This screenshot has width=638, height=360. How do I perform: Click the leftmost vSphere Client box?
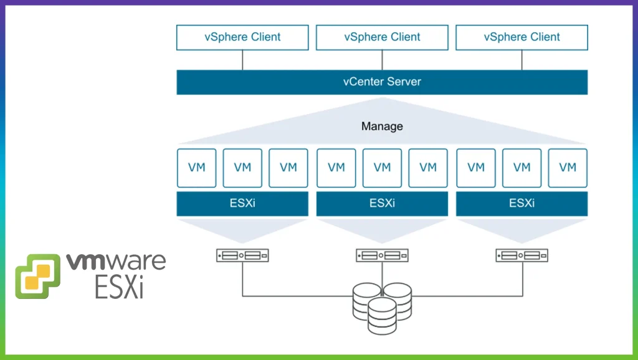[242, 37]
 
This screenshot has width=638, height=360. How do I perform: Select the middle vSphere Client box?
[382, 37]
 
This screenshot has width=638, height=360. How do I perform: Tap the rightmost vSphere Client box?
[521, 37]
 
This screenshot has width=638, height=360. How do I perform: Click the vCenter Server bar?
[382, 82]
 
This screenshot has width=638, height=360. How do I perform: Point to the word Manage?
[382, 126]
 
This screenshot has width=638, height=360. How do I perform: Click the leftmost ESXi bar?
[242, 204]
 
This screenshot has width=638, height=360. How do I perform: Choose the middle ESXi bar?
[382, 204]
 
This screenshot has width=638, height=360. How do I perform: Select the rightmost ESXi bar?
[521, 204]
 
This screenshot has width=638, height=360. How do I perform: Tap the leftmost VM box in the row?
[196, 168]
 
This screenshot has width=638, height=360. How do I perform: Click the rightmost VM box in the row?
[568, 168]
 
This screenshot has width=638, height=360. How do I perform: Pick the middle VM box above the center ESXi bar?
[382, 168]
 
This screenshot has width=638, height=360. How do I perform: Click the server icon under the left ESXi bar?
[242, 255]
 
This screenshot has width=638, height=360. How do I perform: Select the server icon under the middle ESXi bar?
[382, 255]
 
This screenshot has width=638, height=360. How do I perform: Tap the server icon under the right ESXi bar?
[521, 255]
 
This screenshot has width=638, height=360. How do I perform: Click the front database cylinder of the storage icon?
[382, 316]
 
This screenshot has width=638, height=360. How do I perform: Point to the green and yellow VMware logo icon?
[38, 276]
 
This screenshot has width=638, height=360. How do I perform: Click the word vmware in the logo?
[116, 261]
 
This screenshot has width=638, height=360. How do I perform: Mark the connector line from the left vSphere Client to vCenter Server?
[242, 60]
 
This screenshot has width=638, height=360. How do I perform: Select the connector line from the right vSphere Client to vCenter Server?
[521, 60]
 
